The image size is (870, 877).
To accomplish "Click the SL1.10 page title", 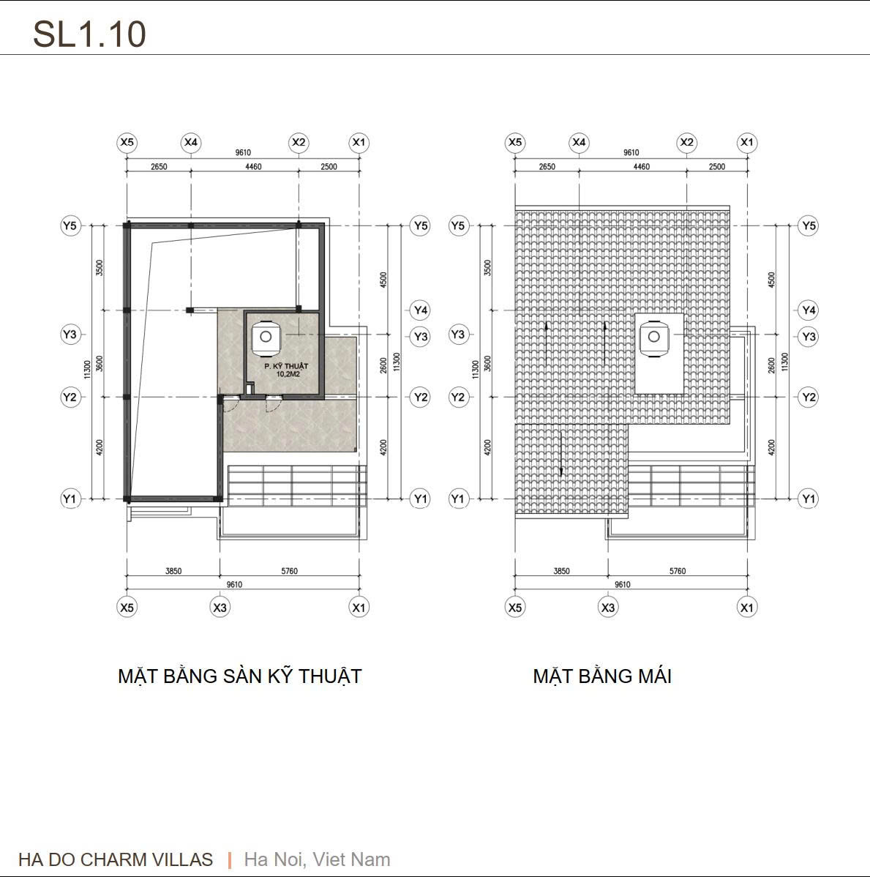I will (89, 34).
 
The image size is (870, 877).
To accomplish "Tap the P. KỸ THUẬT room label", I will (286, 365).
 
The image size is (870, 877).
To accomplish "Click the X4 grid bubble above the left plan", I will (191, 142).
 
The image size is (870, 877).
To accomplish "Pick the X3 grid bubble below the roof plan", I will (607, 607).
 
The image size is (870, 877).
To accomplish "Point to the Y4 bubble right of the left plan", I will (420, 310).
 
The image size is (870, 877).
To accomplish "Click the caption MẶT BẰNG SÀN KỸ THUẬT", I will (239, 676).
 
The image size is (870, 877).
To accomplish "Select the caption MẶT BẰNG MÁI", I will (601, 676).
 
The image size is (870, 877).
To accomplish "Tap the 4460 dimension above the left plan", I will (252, 167).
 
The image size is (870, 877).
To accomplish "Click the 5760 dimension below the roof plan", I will (678, 571).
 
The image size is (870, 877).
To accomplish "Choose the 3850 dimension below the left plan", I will (173, 571).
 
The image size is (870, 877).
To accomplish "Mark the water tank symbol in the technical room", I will (265, 336).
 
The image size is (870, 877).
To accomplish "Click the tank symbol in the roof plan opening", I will (653, 337).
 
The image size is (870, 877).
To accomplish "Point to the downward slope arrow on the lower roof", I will (560, 454).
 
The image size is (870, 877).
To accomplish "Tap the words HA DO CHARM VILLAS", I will (116, 859).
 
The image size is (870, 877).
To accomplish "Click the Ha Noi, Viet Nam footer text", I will (317, 859).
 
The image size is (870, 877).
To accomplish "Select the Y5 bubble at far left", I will (70, 225).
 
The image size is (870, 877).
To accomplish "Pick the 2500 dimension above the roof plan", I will (717, 167).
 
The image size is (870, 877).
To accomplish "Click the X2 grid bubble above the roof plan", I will (686, 142).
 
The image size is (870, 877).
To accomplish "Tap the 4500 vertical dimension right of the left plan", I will (383, 280).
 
